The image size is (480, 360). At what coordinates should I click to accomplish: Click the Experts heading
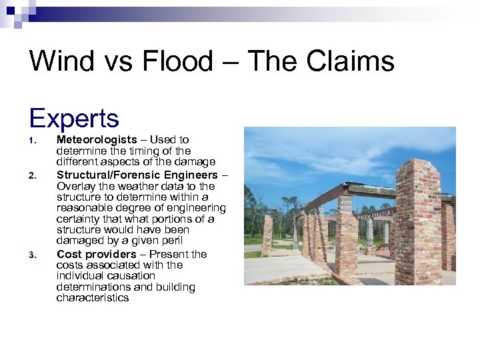pyautogui.click(x=74, y=118)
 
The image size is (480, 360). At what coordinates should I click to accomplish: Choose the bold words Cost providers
pyautogui.click(x=96, y=254)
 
